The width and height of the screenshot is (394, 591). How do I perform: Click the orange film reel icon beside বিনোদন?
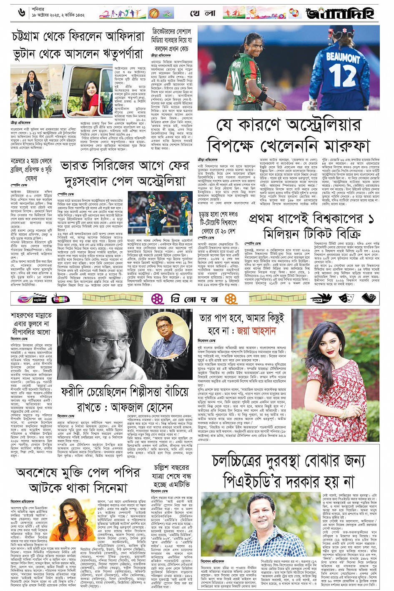coord(231,298)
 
